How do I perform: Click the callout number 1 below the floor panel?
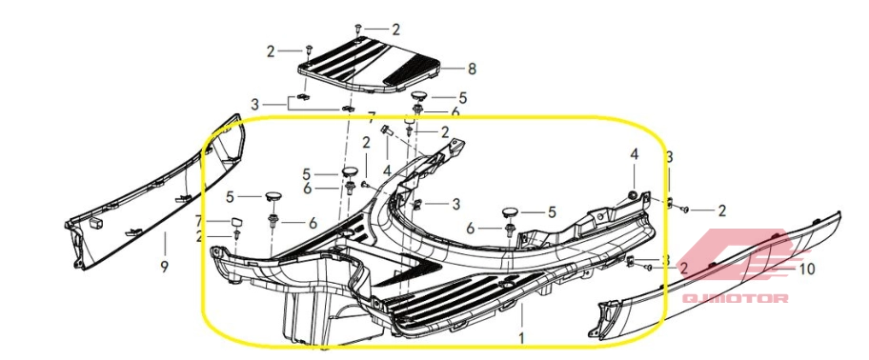pos(521,337)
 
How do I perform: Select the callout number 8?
pos(472,70)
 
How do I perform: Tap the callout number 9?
pos(164,268)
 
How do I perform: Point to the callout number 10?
pos(807,270)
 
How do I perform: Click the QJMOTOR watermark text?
pos(735,298)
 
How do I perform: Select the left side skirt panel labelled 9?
pos(155,191)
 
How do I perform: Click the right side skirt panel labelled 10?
pos(720,280)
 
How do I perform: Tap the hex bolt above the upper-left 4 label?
pos(387,131)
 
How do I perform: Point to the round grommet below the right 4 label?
pos(631,195)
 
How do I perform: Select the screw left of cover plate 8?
pos(309,51)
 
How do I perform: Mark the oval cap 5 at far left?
pos(273,196)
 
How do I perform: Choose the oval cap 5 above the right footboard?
pos(510,211)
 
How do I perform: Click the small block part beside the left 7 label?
pos(238,223)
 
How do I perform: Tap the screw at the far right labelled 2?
pos(684,210)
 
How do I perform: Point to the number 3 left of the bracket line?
pos(254,104)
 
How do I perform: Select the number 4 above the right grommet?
pos(634,154)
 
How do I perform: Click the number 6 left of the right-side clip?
pos(471,229)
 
